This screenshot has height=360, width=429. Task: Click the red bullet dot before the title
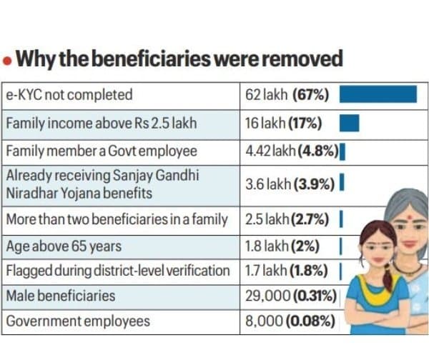pos(7,61)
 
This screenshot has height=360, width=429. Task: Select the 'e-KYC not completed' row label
pos(69,95)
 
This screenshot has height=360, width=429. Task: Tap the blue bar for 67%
pos(378,94)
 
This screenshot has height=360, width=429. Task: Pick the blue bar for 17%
pos(349,123)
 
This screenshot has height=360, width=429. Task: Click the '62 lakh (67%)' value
pos(287,95)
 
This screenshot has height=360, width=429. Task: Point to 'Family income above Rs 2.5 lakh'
pos(102,124)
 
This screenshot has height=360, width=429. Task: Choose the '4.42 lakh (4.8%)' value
pos(292,151)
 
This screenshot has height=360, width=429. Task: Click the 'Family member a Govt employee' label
pos(102,151)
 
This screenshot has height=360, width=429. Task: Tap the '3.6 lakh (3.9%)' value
pos(290,184)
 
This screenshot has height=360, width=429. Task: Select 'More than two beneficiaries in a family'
pos(117,219)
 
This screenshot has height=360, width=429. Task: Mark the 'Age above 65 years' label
pos(64,246)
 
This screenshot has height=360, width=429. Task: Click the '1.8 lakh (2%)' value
pos(282,246)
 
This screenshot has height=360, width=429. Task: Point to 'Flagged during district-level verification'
pos(118,271)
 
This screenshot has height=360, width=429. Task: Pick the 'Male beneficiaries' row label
pos(61,296)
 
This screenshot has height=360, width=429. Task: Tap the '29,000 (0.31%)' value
pos(290,296)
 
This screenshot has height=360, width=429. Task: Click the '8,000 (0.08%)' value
pos(290,321)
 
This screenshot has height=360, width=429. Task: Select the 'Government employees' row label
pos(78,321)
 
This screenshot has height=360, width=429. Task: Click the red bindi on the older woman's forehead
pos(410,218)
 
